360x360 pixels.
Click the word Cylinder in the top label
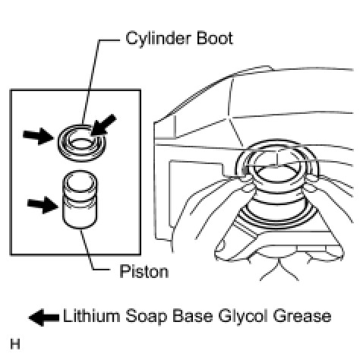(158, 39)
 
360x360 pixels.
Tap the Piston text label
(144, 271)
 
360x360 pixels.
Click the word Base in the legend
(193, 316)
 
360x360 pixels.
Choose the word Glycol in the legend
(243, 317)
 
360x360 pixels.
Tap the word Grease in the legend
(302, 316)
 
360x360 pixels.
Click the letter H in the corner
(15, 345)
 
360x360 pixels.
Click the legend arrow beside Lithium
(44, 317)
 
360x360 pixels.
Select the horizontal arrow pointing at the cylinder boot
(38, 136)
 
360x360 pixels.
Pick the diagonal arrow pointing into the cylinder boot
(103, 125)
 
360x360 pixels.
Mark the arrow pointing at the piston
(43, 204)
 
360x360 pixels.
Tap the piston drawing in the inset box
(80, 200)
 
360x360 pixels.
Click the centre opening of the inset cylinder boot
(81, 143)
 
